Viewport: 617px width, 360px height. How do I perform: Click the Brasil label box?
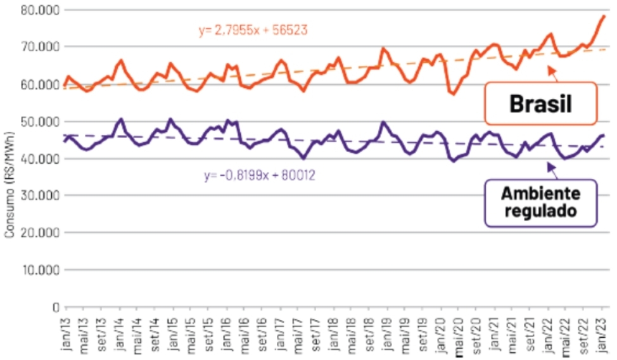[x=540, y=104]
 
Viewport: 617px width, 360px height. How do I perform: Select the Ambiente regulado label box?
[x=540, y=203]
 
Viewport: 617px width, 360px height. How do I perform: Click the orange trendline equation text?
[x=253, y=30]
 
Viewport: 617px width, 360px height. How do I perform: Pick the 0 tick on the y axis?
[x=56, y=307]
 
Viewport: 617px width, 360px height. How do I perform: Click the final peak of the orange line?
[x=603, y=16]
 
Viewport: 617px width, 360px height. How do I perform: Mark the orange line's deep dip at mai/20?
[x=453, y=94]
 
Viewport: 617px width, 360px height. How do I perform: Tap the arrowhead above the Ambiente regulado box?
[x=549, y=164]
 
